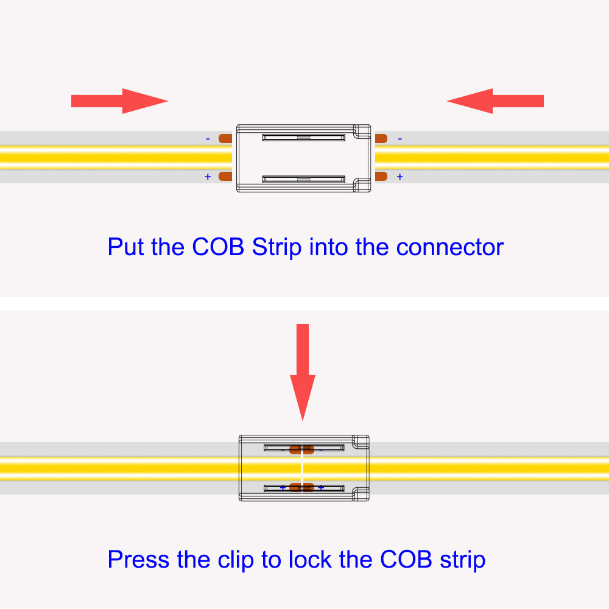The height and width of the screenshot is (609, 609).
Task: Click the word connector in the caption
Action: pos(450,247)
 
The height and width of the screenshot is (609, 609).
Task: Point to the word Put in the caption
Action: pos(127,247)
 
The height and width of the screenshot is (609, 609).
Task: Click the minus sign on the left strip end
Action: pos(208,139)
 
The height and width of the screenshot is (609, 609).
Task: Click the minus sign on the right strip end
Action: pos(400,139)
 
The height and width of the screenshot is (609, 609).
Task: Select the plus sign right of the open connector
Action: pos(400,177)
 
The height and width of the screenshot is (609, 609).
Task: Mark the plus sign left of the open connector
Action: pos(208,177)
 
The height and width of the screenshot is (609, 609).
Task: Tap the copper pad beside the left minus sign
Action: pos(225,138)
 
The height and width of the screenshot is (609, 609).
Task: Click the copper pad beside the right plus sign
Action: pos(381,176)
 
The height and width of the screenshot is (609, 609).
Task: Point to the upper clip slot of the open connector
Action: pos(304,138)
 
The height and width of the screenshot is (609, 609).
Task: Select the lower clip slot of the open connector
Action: pos(304,179)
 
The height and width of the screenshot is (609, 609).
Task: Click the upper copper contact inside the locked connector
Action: pos(301,449)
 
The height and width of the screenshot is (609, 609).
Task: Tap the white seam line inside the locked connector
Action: pos(302,468)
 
